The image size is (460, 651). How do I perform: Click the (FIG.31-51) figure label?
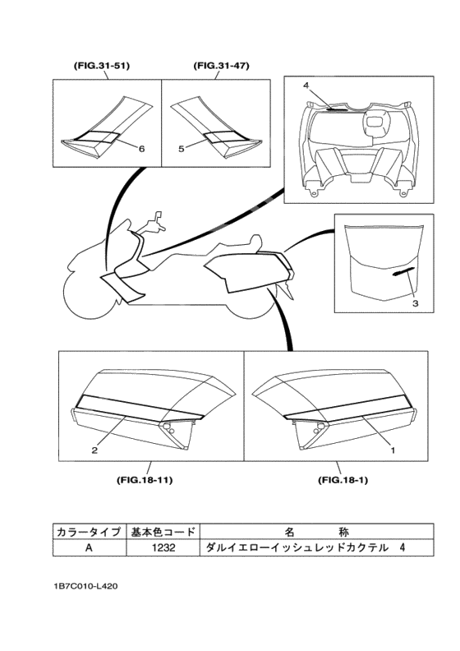coord(102,66)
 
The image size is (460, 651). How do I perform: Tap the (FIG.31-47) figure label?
coord(222,66)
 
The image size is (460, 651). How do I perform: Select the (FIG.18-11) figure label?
coord(145,480)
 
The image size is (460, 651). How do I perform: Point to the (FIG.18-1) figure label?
coord(343,480)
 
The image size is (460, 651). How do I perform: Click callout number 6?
coord(141,148)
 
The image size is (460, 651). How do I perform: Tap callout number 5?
coord(182,148)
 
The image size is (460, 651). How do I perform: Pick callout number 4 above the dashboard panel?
coord(306,85)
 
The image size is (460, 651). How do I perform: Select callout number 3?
coord(415,303)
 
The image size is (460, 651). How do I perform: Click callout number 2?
coord(94,450)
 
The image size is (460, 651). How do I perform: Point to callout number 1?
coord(393,450)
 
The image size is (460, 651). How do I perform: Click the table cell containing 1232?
coord(163,547)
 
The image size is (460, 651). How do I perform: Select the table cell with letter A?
coord(90,547)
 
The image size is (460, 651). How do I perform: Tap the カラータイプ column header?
coord(90,532)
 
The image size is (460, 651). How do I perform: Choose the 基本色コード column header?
coord(163,532)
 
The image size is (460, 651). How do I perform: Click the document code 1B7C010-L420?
coord(85,587)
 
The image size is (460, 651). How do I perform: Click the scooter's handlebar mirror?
coord(158,217)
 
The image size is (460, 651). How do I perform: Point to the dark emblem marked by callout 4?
coord(338,109)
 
